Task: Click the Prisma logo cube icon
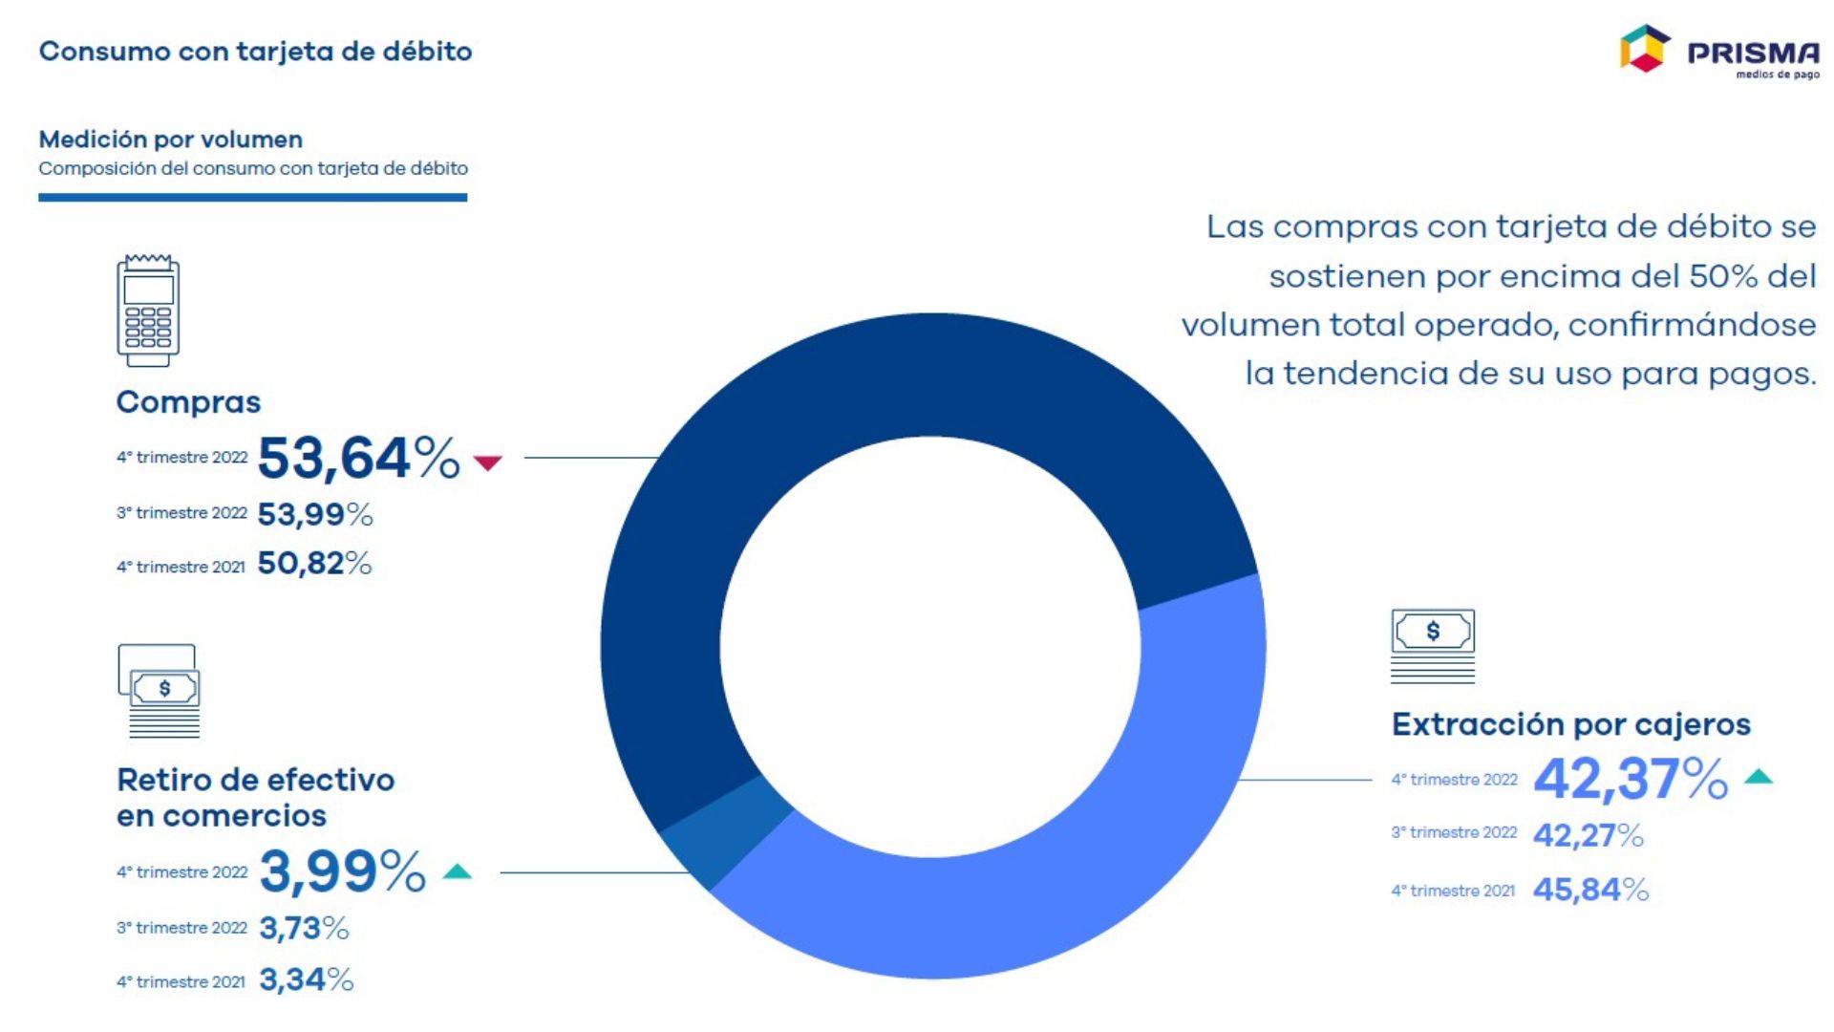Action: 1644,49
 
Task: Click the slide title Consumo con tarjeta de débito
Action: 255,52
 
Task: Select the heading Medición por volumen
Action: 170,140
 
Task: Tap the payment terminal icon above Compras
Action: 148,311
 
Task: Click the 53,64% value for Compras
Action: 358,458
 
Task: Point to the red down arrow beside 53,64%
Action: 488,462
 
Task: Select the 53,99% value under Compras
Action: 314,514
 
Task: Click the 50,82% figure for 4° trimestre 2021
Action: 314,564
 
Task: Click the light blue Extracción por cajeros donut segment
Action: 1098,860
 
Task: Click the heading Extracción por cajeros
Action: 1570,724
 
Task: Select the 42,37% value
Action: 1630,779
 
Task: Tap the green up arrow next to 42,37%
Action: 1758,777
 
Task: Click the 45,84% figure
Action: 1590,890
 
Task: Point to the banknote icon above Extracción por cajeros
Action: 1432,645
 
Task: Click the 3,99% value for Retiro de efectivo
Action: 342,871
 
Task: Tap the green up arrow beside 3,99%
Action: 458,871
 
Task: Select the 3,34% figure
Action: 306,979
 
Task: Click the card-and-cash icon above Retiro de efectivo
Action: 160,690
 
